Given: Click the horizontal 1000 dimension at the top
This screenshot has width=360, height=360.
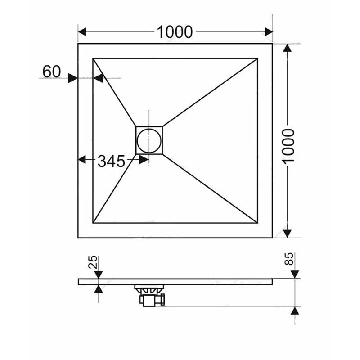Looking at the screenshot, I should point(175,32).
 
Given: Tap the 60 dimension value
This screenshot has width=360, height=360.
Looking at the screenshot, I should point(52,71).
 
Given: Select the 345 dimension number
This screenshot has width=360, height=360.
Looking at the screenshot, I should point(111,161).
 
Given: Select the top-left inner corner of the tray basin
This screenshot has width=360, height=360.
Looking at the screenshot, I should point(94,58).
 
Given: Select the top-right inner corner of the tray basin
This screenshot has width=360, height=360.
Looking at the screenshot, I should point(257,58).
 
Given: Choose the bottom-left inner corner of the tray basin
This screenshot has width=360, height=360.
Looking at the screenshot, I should point(94,222).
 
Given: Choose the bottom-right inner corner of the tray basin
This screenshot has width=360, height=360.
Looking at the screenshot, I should point(257,222).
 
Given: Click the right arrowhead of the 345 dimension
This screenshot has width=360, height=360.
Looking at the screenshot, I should point(144,159).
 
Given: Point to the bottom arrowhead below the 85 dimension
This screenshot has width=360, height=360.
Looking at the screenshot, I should point(295,311).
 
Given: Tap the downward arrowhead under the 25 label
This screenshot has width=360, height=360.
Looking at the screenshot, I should point(98,274).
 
